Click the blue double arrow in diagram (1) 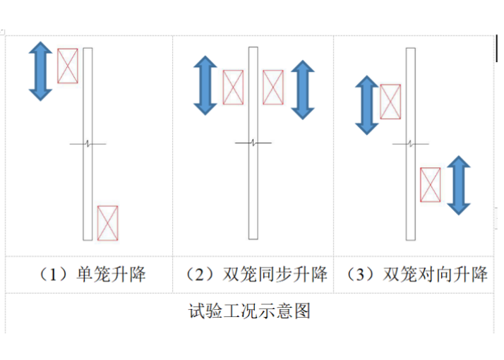point(40,71)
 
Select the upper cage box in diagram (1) point(67,66)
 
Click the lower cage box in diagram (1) point(107,223)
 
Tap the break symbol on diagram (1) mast point(88,144)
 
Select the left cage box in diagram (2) point(233,88)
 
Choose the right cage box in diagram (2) point(273,88)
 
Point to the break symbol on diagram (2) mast point(253,144)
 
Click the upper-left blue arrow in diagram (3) point(366,105)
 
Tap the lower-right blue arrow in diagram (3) point(458,186)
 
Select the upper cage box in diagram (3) point(390,102)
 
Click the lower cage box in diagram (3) point(431,185)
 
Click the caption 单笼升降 point(110,275)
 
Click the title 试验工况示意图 point(250,311)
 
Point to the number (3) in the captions point(359,275)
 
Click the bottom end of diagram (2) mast point(253,239)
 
